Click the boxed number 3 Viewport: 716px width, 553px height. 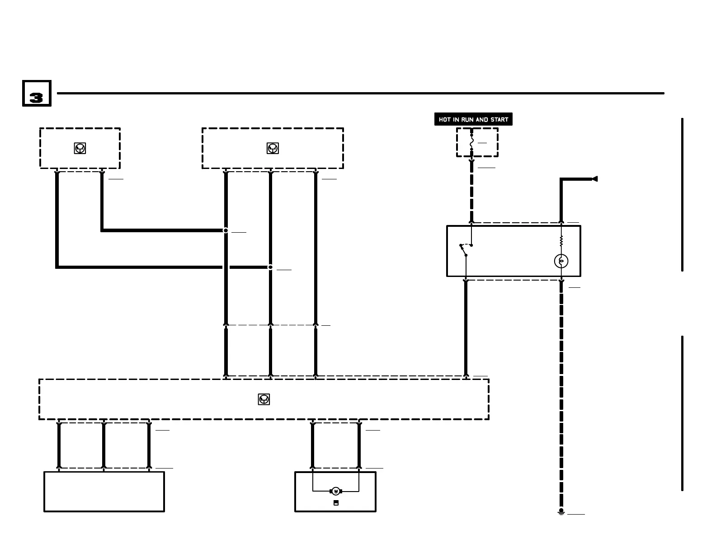tap(37, 94)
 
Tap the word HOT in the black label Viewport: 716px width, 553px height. tap(445, 120)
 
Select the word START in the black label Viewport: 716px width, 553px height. tap(499, 120)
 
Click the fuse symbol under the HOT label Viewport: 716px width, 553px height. tap(471, 142)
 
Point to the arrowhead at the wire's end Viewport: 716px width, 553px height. tap(595, 179)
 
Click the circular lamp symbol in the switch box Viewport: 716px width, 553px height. tap(561, 261)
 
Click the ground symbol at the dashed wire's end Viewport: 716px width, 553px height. tap(561, 512)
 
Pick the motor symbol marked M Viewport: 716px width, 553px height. tap(336, 491)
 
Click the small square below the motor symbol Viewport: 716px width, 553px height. tap(336, 503)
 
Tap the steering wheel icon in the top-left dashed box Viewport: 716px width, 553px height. tap(80, 148)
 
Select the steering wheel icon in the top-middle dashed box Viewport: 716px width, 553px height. tap(273, 148)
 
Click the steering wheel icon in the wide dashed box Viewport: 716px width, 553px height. tap(264, 399)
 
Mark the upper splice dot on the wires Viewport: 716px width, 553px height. tap(226, 230)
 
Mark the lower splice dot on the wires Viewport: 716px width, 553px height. tap(270, 267)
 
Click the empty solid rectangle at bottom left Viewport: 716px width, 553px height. tap(104, 492)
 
